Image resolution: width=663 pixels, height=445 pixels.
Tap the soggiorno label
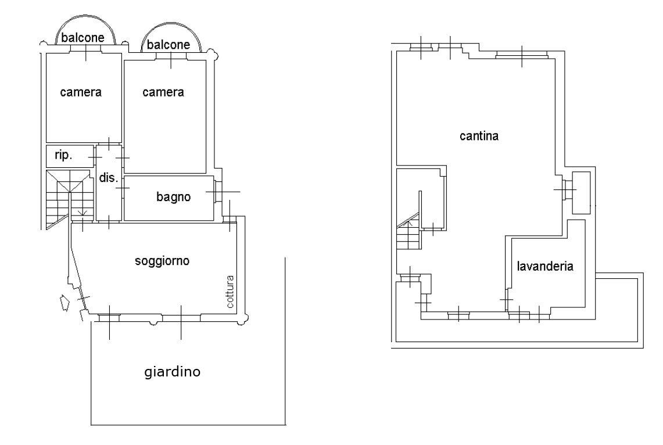162,261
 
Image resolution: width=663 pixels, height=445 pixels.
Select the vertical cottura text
230,291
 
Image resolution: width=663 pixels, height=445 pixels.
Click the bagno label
173,197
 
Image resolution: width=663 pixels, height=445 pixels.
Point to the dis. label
107,178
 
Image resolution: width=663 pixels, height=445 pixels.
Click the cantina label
479,137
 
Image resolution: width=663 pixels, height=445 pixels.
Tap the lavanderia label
545,267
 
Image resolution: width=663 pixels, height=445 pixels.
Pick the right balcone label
168,45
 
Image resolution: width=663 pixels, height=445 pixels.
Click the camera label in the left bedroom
81,92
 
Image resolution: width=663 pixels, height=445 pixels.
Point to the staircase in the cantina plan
409,232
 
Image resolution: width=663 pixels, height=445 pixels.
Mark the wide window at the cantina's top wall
521,55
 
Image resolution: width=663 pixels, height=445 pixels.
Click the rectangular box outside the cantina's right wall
581,192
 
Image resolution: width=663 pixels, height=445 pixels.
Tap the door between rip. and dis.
95,156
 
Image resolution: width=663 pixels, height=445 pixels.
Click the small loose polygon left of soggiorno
65,303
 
